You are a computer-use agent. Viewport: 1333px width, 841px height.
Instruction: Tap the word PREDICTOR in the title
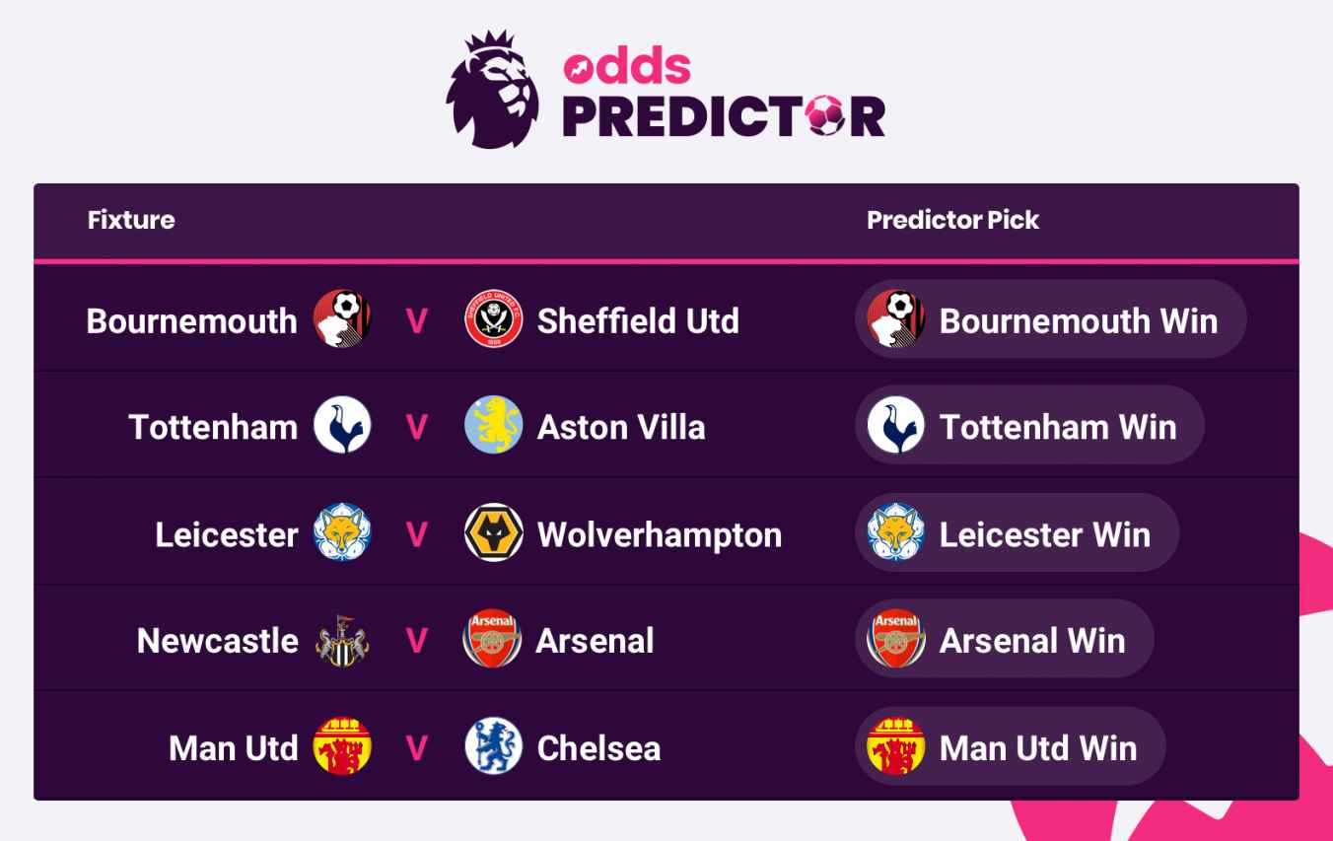pyautogui.click(x=724, y=115)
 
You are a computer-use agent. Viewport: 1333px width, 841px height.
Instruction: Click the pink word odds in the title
pyautogui.click(x=627, y=66)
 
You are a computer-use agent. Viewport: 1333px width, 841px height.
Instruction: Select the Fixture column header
pyautogui.click(x=131, y=220)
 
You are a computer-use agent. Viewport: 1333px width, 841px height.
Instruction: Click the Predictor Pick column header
pyautogui.click(x=952, y=220)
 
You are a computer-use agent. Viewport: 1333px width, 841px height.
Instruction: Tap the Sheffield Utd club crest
pyautogui.click(x=493, y=320)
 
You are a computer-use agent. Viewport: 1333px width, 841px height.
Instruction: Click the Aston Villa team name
pyautogui.click(x=621, y=427)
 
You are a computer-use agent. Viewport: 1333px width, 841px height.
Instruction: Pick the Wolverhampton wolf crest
pyautogui.click(x=493, y=533)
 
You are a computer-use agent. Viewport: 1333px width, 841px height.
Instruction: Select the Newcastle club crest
pyautogui.click(x=342, y=641)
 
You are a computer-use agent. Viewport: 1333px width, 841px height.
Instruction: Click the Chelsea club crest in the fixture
pyautogui.click(x=493, y=747)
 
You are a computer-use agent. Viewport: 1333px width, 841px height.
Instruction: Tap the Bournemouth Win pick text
pyautogui.click(x=1079, y=320)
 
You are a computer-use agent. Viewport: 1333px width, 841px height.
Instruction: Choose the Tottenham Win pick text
pyautogui.click(x=1058, y=427)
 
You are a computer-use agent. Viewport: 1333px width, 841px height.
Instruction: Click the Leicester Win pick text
pyautogui.click(x=1045, y=534)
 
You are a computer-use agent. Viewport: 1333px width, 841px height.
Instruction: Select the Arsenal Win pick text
pyautogui.click(x=1032, y=641)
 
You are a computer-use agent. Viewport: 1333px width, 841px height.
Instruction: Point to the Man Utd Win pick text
pyautogui.click(x=1038, y=747)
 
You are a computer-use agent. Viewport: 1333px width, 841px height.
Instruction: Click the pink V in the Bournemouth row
pyautogui.click(x=417, y=321)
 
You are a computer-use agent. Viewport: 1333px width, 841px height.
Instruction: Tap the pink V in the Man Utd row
pyautogui.click(x=417, y=748)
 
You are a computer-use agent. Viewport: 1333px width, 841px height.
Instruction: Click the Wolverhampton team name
pyautogui.click(x=660, y=534)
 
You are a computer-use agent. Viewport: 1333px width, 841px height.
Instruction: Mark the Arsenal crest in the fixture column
pyautogui.click(x=492, y=640)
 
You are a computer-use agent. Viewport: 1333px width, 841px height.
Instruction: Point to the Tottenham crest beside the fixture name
pyautogui.click(x=342, y=427)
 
